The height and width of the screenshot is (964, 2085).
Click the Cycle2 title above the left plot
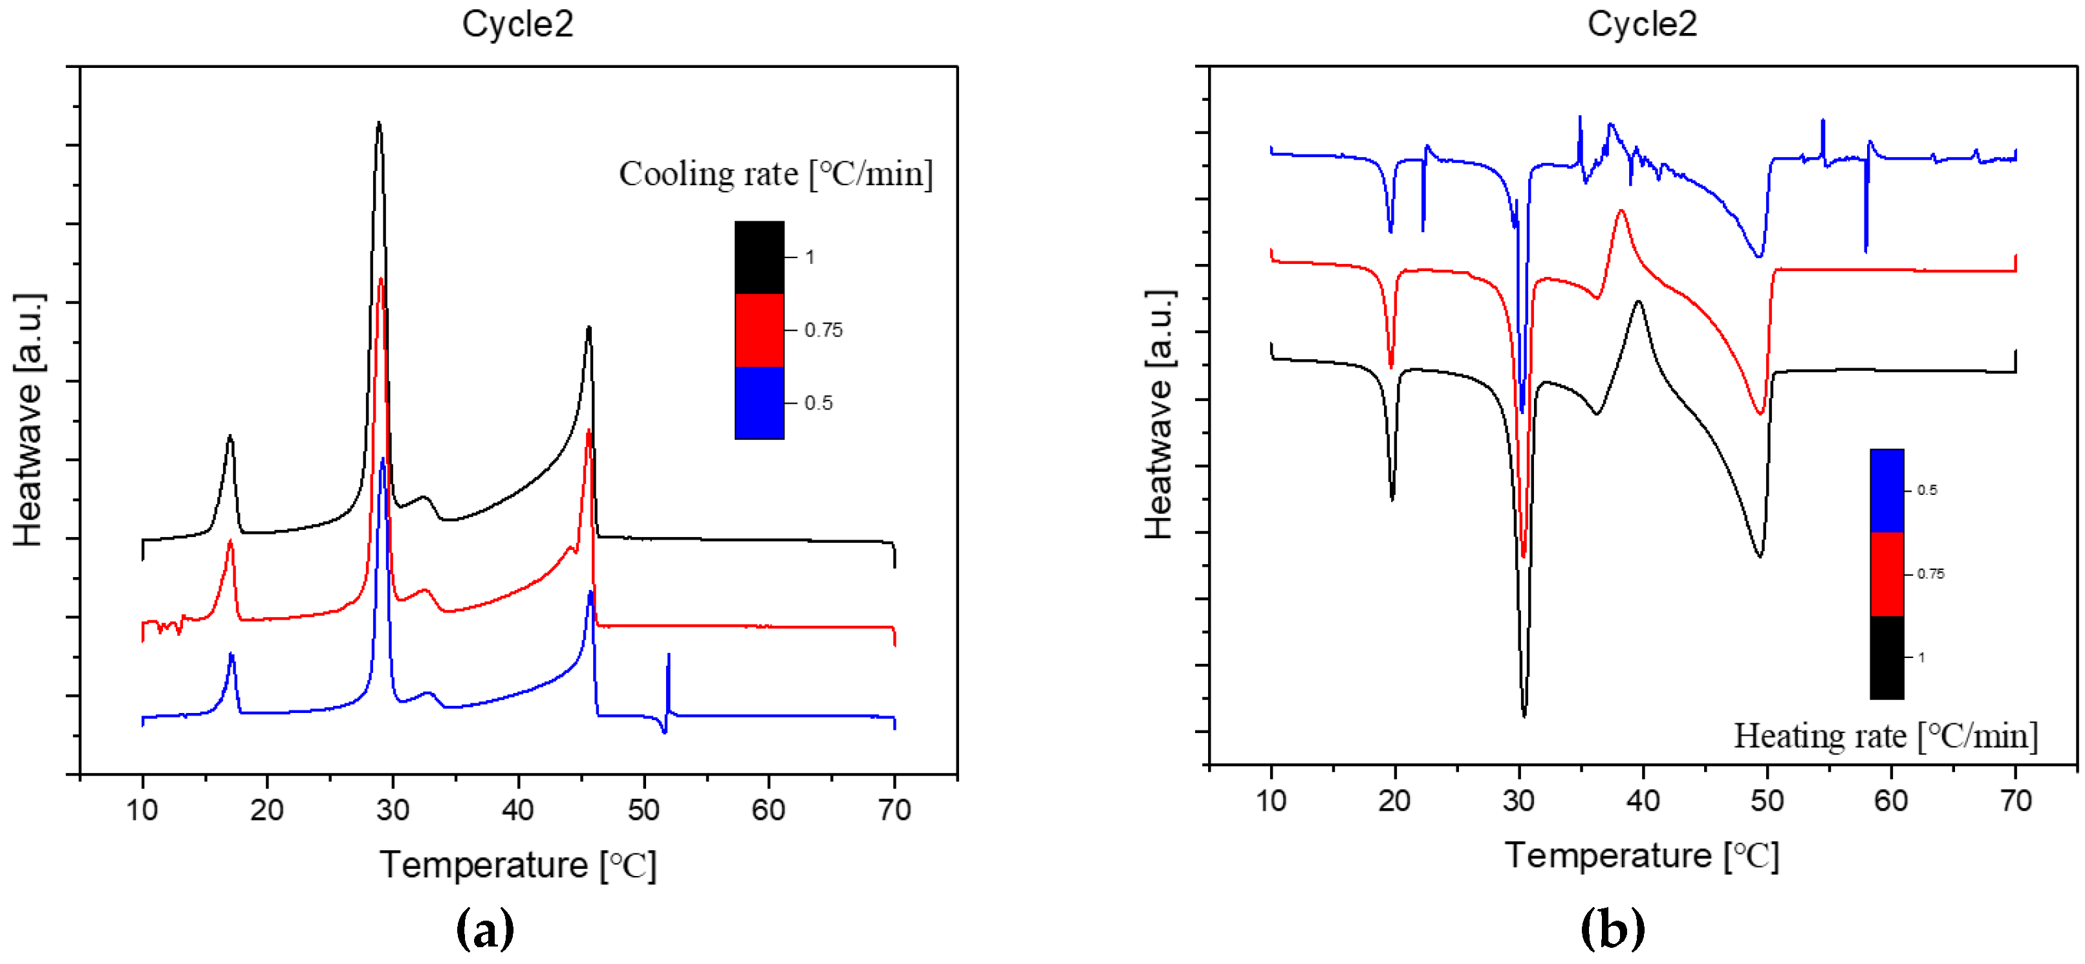pyautogui.click(x=517, y=25)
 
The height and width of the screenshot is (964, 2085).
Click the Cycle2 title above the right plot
pyautogui.click(x=1641, y=25)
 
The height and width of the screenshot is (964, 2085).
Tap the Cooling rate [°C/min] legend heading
pyautogui.click(x=775, y=174)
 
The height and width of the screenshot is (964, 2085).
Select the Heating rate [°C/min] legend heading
pyautogui.click(x=1885, y=736)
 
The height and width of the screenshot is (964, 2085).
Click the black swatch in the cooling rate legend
pyautogui.click(x=759, y=257)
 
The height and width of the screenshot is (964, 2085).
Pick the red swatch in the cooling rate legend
pyautogui.click(x=759, y=330)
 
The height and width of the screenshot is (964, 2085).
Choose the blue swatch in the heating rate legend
pyautogui.click(x=1886, y=490)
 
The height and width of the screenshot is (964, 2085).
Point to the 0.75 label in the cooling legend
pyautogui.click(x=823, y=330)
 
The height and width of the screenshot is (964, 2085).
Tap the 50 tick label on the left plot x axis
pyautogui.click(x=643, y=810)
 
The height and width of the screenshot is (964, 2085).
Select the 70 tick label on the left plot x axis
pyautogui.click(x=894, y=810)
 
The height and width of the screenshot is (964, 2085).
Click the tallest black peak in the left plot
pyautogui.click(x=379, y=124)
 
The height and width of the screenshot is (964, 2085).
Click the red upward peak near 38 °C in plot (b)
pyautogui.click(x=1621, y=212)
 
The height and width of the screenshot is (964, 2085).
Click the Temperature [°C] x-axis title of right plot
pyautogui.click(x=1641, y=855)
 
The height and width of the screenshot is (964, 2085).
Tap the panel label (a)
pyautogui.click(x=485, y=929)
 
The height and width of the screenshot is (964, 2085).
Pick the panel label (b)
pyautogui.click(x=1612, y=929)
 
